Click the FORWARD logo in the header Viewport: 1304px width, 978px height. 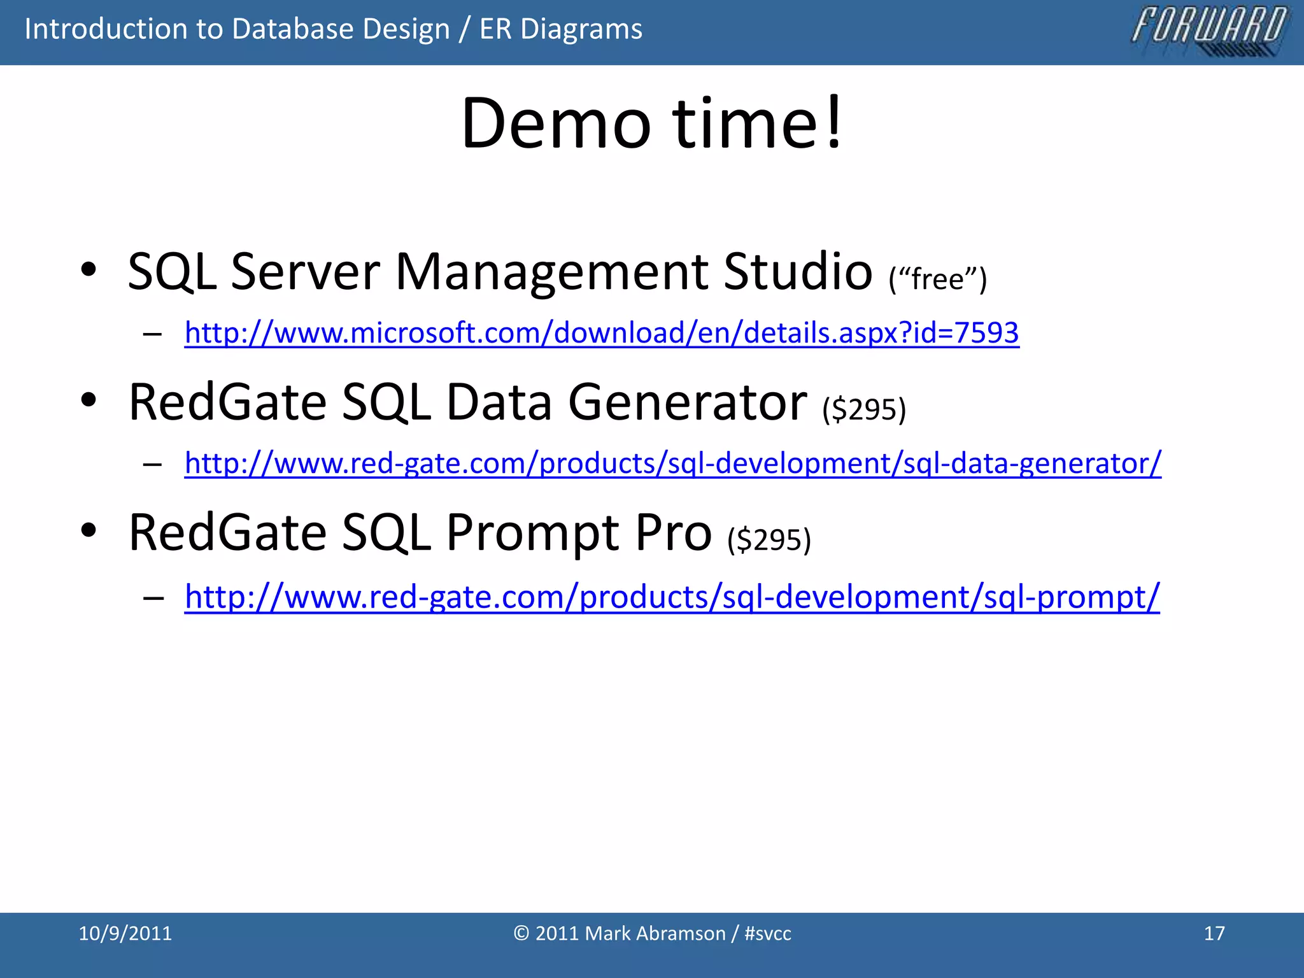(1208, 31)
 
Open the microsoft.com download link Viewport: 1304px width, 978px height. (601, 333)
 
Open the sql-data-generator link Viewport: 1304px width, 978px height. (672, 463)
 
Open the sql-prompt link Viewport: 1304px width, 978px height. (672, 597)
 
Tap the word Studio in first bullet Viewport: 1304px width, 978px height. (797, 272)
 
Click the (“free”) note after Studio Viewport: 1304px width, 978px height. (937, 279)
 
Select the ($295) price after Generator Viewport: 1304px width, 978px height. (863, 409)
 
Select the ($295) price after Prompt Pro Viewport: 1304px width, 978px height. (769, 539)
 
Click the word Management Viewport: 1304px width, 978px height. (552, 272)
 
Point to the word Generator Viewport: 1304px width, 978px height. (687, 402)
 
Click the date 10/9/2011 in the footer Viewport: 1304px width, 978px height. (125, 933)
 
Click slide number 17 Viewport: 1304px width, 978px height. (1214, 933)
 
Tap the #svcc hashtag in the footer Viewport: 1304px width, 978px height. (767, 933)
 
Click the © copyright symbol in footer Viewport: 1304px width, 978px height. (521, 933)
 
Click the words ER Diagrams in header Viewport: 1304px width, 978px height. (560, 29)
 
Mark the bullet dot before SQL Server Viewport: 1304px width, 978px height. (89, 270)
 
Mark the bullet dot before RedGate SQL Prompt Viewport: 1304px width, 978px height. (89, 530)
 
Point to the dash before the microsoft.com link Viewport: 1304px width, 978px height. (153, 334)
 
